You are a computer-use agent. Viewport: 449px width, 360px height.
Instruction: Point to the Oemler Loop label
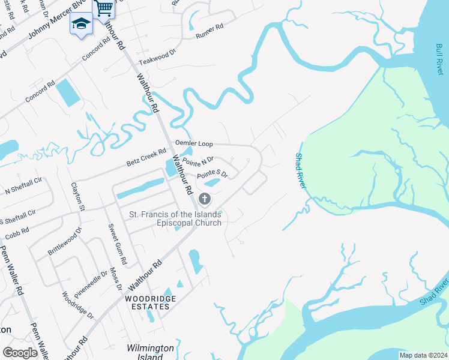coord(194,144)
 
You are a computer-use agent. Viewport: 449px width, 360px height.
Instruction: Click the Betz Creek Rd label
coord(146,158)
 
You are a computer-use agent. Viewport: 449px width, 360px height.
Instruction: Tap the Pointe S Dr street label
coord(212,174)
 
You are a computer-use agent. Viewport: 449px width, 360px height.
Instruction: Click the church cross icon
coord(205,199)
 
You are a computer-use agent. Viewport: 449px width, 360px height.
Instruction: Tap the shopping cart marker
coord(104,8)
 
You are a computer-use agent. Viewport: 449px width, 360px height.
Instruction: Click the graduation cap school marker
coord(81,24)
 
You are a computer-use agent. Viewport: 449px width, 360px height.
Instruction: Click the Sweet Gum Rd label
coord(117,244)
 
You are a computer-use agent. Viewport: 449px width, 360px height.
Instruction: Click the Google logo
coord(20,352)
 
